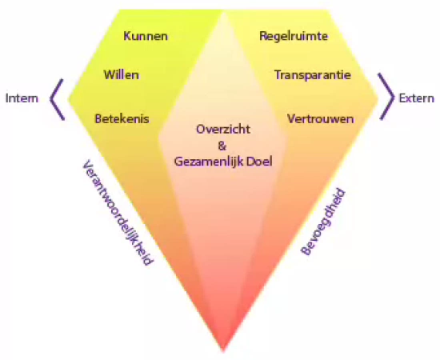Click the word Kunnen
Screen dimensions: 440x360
(x=146, y=36)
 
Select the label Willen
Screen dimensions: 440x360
(x=122, y=75)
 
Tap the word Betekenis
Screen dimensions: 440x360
(x=122, y=118)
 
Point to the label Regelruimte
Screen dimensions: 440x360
(x=294, y=37)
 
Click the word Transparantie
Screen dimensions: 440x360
(x=313, y=75)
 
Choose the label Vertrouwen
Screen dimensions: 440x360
(x=321, y=118)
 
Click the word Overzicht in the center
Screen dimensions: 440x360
(x=223, y=129)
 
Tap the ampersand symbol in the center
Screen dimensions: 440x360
(x=222, y=146)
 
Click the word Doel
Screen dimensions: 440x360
(x=255, y=162)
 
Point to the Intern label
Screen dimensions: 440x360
(x=22, y=98)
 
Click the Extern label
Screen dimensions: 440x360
(x=417, y=98)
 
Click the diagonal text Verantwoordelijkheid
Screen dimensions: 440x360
(x=118, y=213)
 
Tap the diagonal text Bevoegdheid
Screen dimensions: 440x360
(x=322, y=222)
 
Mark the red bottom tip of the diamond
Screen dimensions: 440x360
(x=223, y=350)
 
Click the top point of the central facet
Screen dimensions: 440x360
(x=224, y=12)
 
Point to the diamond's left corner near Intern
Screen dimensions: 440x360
(x=70, y=98)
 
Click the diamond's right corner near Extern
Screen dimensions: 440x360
(x=378, y=98)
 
